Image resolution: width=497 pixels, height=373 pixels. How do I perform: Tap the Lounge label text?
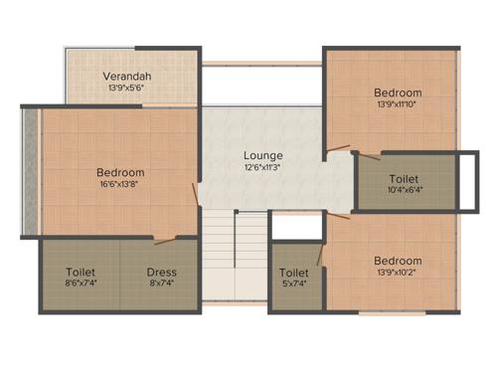pos(263,155)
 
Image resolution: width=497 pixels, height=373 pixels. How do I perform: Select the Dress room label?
pos(161,272)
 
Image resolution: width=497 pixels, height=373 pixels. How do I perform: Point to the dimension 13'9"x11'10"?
pos(399,103)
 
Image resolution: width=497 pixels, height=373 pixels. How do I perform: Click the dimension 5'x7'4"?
pos(293,283)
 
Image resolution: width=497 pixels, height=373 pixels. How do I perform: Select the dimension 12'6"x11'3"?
pos(263,167)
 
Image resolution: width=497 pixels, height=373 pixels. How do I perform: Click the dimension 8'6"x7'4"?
pos(81,283)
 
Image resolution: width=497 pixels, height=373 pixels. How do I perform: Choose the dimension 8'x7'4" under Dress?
pos(161,283)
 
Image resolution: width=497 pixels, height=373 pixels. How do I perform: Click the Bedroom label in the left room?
pos(120,172)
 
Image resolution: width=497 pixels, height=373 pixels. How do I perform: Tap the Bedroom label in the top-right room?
pos(399,92)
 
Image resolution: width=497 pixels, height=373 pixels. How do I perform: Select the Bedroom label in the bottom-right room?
pos(398,261)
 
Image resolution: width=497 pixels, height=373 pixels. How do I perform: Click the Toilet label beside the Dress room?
pos(81,272)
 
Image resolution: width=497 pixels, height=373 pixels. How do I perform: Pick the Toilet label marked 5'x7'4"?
pos(293,272)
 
